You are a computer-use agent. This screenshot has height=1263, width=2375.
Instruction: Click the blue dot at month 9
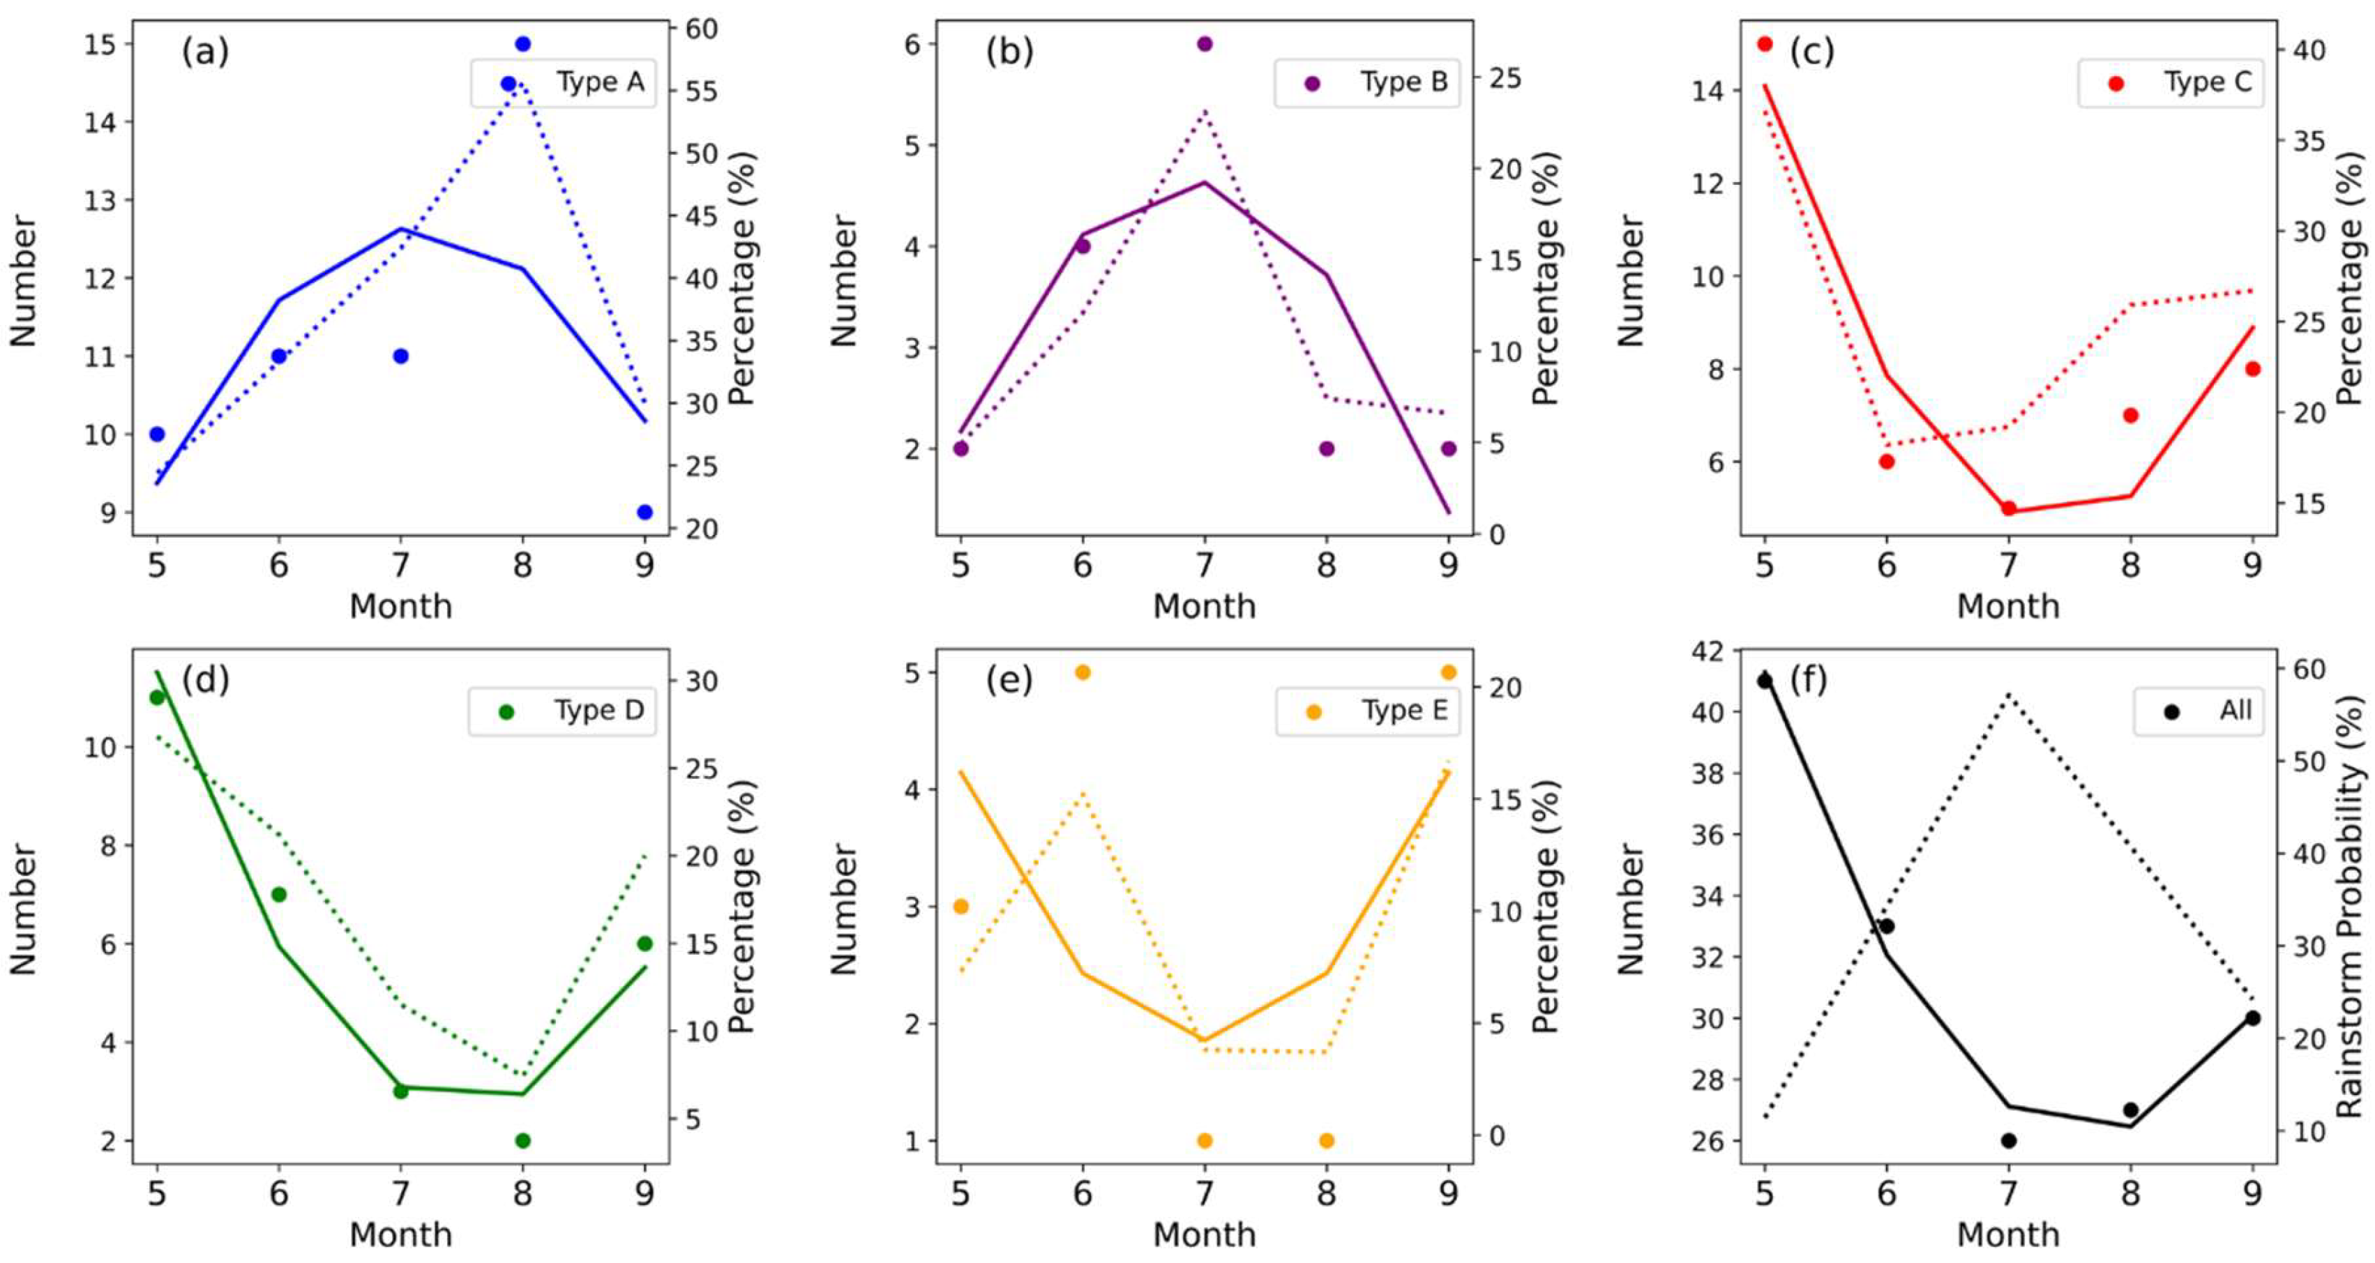coord(644,512)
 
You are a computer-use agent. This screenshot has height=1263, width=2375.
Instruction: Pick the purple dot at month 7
coord(1204,43)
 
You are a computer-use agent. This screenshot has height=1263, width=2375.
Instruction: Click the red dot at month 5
coord(1765,43)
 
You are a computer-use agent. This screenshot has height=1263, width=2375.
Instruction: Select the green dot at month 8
coord(522,1140)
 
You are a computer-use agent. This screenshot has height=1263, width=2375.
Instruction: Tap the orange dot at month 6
coord(1083,672)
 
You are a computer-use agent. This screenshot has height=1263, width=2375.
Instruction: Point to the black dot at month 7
coord(2008,1140)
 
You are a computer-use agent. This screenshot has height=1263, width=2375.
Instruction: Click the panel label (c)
coord(1811,52)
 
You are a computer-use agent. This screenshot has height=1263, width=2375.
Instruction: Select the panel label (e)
coord(1009,681)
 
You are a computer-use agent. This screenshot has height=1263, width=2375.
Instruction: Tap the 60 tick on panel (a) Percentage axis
coord(701,29)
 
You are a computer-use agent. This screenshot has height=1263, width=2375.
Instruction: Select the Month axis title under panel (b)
coord(1204,605)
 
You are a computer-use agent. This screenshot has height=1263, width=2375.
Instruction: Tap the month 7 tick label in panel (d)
coord(400,1195)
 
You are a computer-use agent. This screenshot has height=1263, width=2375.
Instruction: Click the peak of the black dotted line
coord(2008,718)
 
